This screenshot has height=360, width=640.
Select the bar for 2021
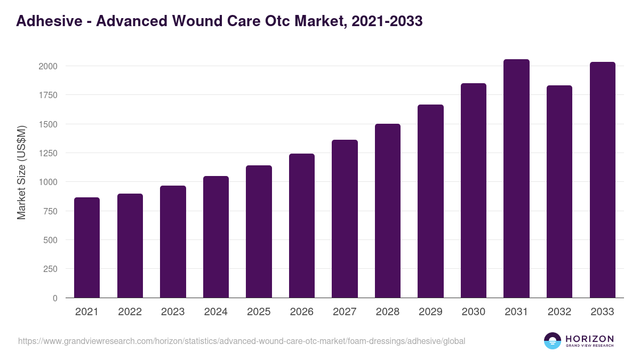(87, 247)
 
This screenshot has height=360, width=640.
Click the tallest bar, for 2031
(516, 179)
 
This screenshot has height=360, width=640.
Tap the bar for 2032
(559, 191)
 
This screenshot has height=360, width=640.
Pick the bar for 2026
(302, 226)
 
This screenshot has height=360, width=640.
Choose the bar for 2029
(430, 201)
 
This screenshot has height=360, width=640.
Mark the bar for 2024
(216, 237)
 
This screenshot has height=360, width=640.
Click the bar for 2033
(602, 180)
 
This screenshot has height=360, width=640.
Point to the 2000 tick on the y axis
(47, 66)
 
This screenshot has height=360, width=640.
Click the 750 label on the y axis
(50, 211)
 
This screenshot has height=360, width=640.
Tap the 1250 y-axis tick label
(47, 153)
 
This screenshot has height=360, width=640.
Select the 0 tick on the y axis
(55, 298)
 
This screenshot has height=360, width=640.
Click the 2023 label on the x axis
(173, 312)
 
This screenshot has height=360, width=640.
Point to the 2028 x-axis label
(388, 312)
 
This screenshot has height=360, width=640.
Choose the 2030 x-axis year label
(474, 312)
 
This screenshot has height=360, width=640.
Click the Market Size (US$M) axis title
(21, 172)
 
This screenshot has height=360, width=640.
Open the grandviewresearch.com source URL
(242, 341)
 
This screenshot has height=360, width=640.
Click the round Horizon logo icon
(553, 341)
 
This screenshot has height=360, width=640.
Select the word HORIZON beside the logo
(589, 338)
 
